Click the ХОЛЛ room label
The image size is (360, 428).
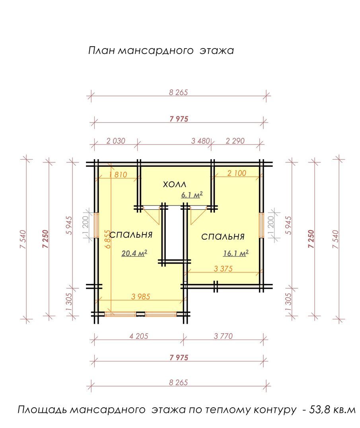pos(175,184)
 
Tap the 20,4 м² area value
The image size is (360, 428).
pos(134,253)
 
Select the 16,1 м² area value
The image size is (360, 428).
pos(236,253)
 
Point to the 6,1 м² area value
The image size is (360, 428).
pos(192,195)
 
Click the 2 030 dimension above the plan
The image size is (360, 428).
pos(116,141)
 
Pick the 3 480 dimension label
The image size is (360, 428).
pos(200,141)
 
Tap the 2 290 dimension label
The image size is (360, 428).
pos(235,141)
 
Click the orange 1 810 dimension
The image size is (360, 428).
pos(118,174)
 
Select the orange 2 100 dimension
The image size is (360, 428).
pos(237,173)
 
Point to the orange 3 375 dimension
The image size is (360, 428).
pos(223,269)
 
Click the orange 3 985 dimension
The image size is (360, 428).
pos(140,297)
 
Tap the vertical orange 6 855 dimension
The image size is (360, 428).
pos(108,239)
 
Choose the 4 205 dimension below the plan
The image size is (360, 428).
pos(138,336)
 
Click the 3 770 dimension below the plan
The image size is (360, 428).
pos(223,336)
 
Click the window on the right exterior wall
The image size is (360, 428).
pos(261,225)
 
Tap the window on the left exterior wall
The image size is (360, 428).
pos(96,225)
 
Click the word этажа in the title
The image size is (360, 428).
pos(216,51)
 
